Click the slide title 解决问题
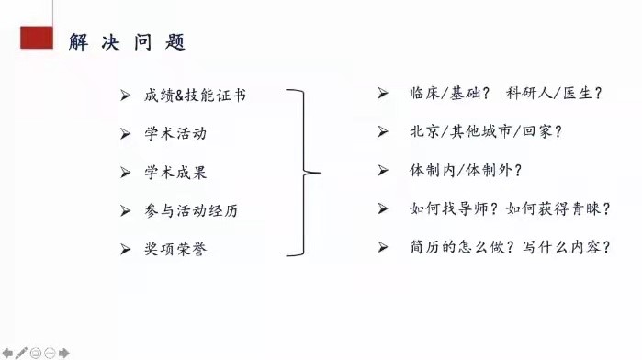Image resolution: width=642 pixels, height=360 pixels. point(128,42)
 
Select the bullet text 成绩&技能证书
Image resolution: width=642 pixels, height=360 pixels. point(195,95)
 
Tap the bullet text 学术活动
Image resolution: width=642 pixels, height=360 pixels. point(175,133)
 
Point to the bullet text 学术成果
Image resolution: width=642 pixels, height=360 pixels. point(175,172)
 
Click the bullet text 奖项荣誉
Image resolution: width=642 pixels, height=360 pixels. point(175,249)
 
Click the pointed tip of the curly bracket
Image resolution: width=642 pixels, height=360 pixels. point(318,172)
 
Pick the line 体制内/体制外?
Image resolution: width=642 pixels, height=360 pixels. point(465,170)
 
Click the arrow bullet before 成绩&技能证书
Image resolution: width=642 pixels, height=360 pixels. point(126,95)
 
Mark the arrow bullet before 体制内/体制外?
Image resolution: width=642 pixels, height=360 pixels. point(383,170)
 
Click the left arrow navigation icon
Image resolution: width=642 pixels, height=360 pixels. point(8,352)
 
